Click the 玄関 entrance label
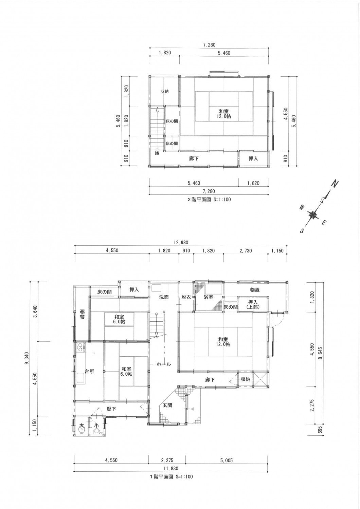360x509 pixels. pyautogui.click(x=167, y=405)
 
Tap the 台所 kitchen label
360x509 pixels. pyautogui.click(x=89, y=371)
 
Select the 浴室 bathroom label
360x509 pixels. pyautogui.click(x=208, y=297)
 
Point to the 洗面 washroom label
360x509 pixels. pyautogui.click(x=164, y=297)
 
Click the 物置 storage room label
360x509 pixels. pyautogui.click(x=255, y=290)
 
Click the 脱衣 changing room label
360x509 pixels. pyautogui.click(x=186, y=297)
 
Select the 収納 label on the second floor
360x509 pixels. pyautogui.click(x=165, y=91)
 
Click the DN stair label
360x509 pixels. pyautogui.click(x=157, y=153)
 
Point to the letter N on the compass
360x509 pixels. pyautogui.click(x=335, y=183)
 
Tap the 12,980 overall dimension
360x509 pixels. pyautogui.click(x=181, y=243)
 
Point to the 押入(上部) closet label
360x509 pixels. pyautogui.click(x=253, y=304)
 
